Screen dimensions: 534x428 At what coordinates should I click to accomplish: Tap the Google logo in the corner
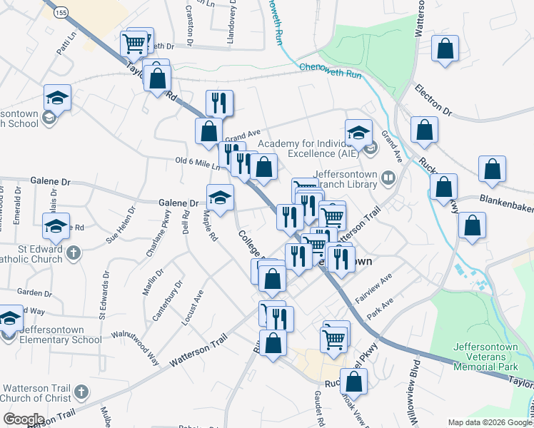point(24,419)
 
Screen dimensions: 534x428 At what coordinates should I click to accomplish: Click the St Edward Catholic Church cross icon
point(71,253)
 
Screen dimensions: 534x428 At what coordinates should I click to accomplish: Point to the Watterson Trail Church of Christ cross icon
point(81,392)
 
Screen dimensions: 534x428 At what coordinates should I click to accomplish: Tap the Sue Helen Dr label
point(121,225)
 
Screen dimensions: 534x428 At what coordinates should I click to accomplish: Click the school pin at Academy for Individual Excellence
point(359,133)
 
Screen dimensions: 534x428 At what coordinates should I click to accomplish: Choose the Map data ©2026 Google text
point(490,422)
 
